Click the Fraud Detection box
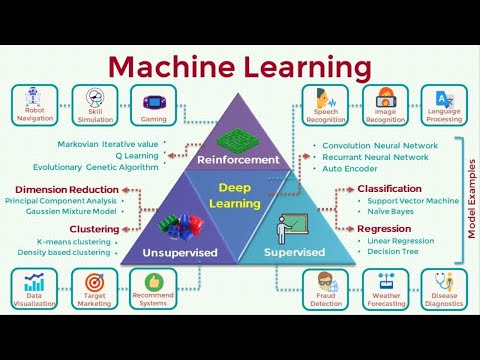[326, 291]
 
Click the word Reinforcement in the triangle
[238, 159]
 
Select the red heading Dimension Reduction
[68, 189]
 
